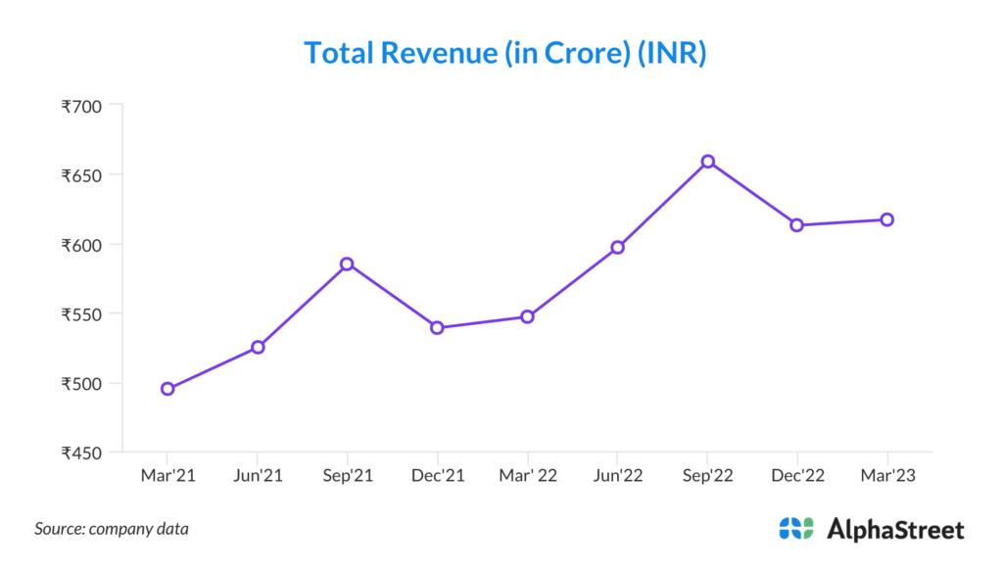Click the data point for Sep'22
click(707, 162)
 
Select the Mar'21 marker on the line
click(167, 389)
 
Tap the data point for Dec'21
click(437, 327)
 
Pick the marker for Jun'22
click(617, 247)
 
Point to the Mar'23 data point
click(886, 219)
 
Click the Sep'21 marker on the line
click(347, 264)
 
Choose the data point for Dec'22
click(797, 225)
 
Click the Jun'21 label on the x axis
click(257, 475)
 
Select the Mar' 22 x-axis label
click(527, 475)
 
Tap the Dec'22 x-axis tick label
click(797, 475)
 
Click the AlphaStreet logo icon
click(796, 529)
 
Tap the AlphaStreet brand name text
click(895, 530)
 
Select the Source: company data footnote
click(112, 529)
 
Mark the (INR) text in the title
click(672, 53)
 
